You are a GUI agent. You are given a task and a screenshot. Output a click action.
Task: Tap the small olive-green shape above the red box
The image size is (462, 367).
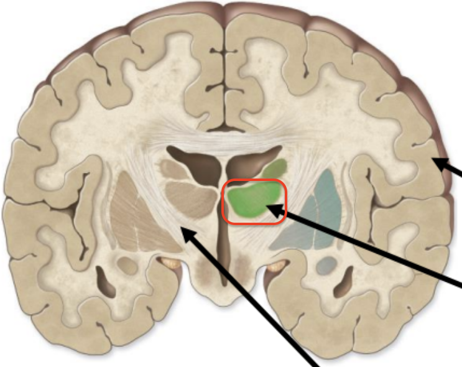(274, 168)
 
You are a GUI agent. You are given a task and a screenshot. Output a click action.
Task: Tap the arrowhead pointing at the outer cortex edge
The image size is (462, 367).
(438, 162)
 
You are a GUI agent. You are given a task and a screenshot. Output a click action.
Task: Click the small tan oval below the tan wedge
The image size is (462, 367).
(127, 266)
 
